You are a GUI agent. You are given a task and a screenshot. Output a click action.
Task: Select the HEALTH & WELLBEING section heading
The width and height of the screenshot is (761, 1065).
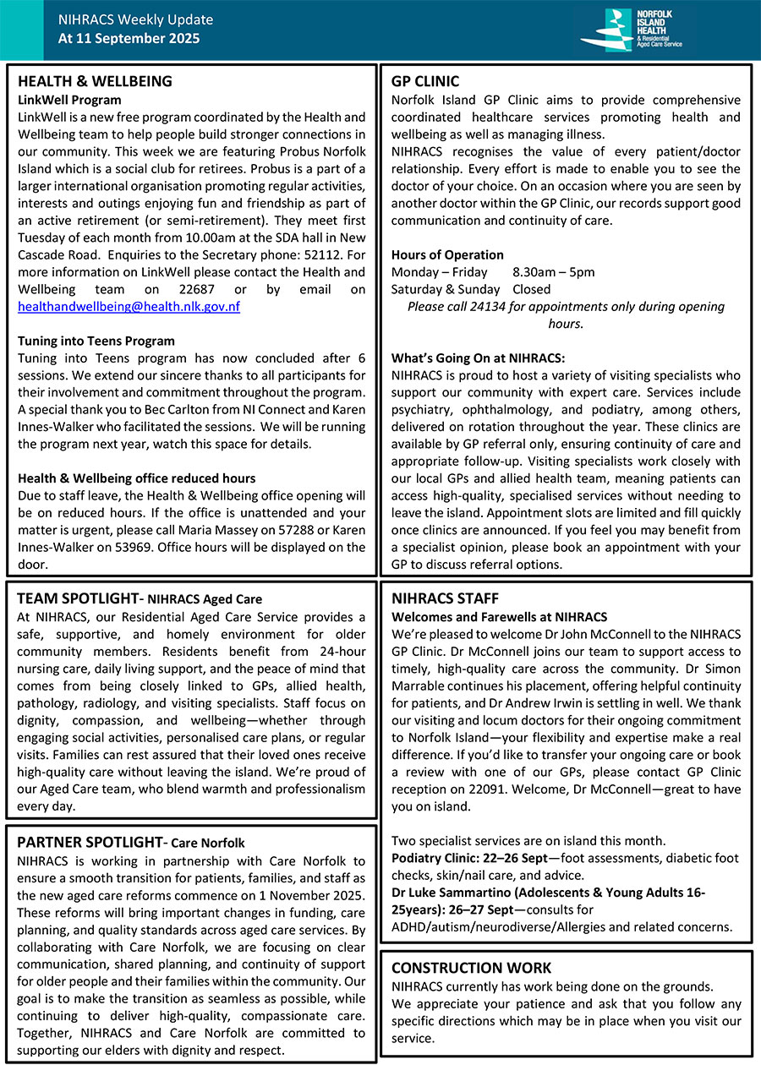tap(95, 81)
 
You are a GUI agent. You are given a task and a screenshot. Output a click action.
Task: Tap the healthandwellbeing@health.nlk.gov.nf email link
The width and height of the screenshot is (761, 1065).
tap(129, 307)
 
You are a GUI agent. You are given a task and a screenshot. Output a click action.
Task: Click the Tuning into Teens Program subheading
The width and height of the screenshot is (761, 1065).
tap(96, 341)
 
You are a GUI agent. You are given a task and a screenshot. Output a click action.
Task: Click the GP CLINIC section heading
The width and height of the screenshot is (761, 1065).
tap(425, 81)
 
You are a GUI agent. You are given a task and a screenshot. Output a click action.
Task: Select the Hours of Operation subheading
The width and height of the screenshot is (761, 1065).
tap(447, 254)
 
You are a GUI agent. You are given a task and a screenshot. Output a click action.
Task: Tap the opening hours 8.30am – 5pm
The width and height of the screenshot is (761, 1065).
tap(554, 272)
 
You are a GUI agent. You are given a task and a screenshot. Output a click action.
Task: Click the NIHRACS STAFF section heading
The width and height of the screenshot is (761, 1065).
tap(445, 598)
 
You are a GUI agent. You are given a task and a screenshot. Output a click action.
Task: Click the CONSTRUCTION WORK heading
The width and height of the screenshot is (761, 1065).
tap(471, 968)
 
